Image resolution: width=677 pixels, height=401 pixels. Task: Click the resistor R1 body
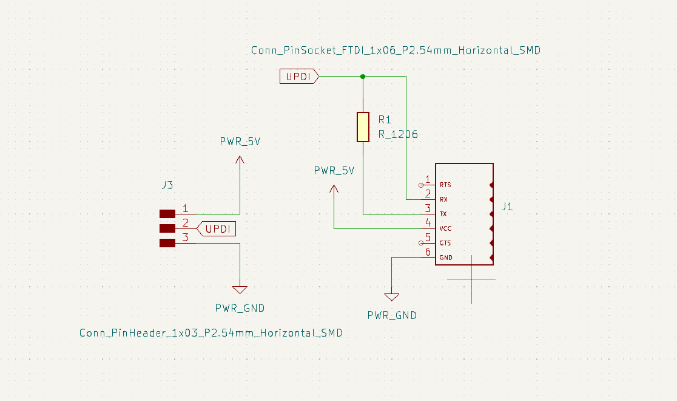pyautogui.click(x=363, y=126)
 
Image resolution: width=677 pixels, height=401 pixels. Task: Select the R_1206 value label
pyautogui.click(x=398, y=134)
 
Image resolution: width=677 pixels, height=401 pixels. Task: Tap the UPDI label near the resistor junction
pyautogui.click(x=298, y=77)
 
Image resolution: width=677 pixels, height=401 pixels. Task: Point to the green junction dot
pyautogui.click(x=363, y=77)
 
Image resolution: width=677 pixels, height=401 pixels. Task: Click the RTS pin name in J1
pyautogui.click(x=445, y=185)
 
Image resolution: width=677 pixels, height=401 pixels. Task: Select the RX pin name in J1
pyautogui.click(x=444, y=199)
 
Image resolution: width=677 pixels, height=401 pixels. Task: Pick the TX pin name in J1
pyautogui.click(x=443, y=214)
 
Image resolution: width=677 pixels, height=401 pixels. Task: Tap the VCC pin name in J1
pyautogui.click(x=445, y=228)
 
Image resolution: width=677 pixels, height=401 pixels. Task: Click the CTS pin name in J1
pyautogui.click(x=445, y=243)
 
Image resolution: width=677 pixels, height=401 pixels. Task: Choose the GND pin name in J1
pyautogui.click(x=446, y=258)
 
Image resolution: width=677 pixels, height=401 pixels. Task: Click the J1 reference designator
pyautogui.click(x=507, y=207)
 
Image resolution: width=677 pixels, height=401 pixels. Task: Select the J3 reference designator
pyautogui.click(x=167, y=185)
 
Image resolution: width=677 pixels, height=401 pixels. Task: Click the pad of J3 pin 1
pyautogui.click(x=167, y=214)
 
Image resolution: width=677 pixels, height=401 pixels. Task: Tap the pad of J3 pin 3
pyautogui.click(x=167, y=243)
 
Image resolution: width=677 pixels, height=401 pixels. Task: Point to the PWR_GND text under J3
pyautogui.click(x=240, y=308)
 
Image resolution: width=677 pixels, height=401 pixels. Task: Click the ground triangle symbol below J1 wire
pyautogui.click(x=392, y=297)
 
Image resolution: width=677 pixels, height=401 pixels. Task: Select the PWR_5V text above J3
pyautogui.click(x=240, y=142)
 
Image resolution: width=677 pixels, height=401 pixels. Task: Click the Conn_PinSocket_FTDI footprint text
pyautogui.click(x=396, y=51)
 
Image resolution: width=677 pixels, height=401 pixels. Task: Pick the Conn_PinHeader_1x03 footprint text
pyautogui.click(x=211, y=333)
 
